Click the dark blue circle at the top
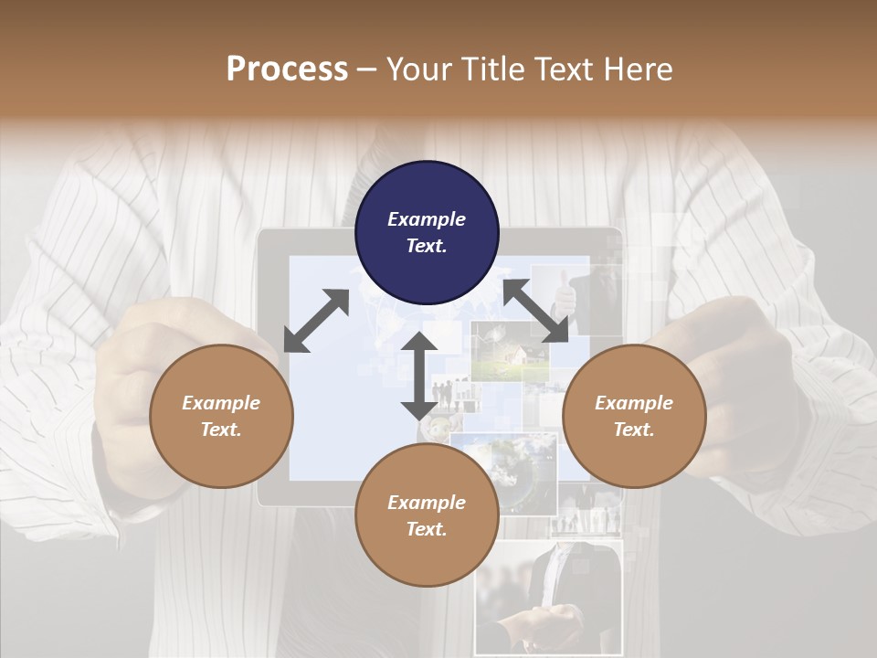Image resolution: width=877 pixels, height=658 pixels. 427,232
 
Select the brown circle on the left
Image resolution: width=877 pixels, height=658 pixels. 221,416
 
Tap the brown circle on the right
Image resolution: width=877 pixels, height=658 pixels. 633,416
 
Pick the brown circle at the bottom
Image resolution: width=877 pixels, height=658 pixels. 427,515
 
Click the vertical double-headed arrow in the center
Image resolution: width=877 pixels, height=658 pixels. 419,376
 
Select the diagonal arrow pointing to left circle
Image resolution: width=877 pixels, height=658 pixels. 316,321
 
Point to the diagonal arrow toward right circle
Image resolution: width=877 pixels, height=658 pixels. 535,311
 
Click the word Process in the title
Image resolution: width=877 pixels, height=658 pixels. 287,69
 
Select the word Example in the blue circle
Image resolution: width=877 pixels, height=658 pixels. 427,219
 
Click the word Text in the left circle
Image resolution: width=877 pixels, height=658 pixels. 221,430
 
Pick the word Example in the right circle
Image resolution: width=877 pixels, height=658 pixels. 633,403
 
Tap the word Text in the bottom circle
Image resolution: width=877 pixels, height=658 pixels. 426,529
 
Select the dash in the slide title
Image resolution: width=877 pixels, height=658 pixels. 366,69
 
